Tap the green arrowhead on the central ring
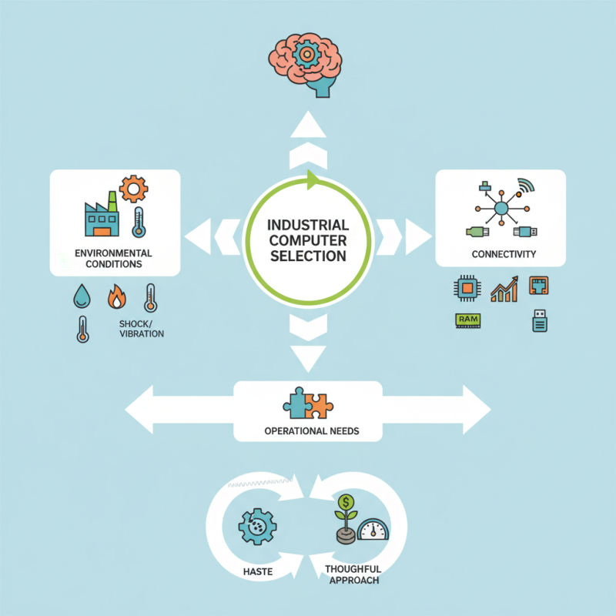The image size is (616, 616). [x=312, y=180]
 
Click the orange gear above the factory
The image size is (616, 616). [x=133, y=188]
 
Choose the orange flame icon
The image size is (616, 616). [x=117, y=296]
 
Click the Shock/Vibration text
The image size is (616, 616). [x=142, y=329]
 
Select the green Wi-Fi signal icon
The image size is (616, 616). [x=527, y=187]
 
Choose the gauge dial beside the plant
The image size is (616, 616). [x=373, y=530]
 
